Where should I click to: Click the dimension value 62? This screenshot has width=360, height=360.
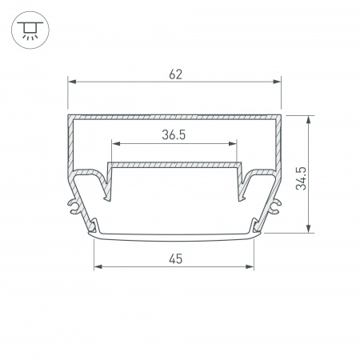175,74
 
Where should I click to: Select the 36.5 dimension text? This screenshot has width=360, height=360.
174,135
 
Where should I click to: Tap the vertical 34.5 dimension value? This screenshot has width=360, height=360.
301,178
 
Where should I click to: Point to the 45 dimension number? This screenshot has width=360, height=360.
175,259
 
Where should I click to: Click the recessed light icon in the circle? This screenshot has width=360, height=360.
30,30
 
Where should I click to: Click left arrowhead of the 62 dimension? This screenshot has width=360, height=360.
72,82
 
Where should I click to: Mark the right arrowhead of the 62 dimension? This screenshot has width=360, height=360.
277,82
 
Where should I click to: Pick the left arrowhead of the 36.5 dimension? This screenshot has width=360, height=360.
116,144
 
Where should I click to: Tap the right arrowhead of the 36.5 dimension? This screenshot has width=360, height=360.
233,144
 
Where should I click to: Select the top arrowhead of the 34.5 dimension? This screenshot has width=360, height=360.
308,120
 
